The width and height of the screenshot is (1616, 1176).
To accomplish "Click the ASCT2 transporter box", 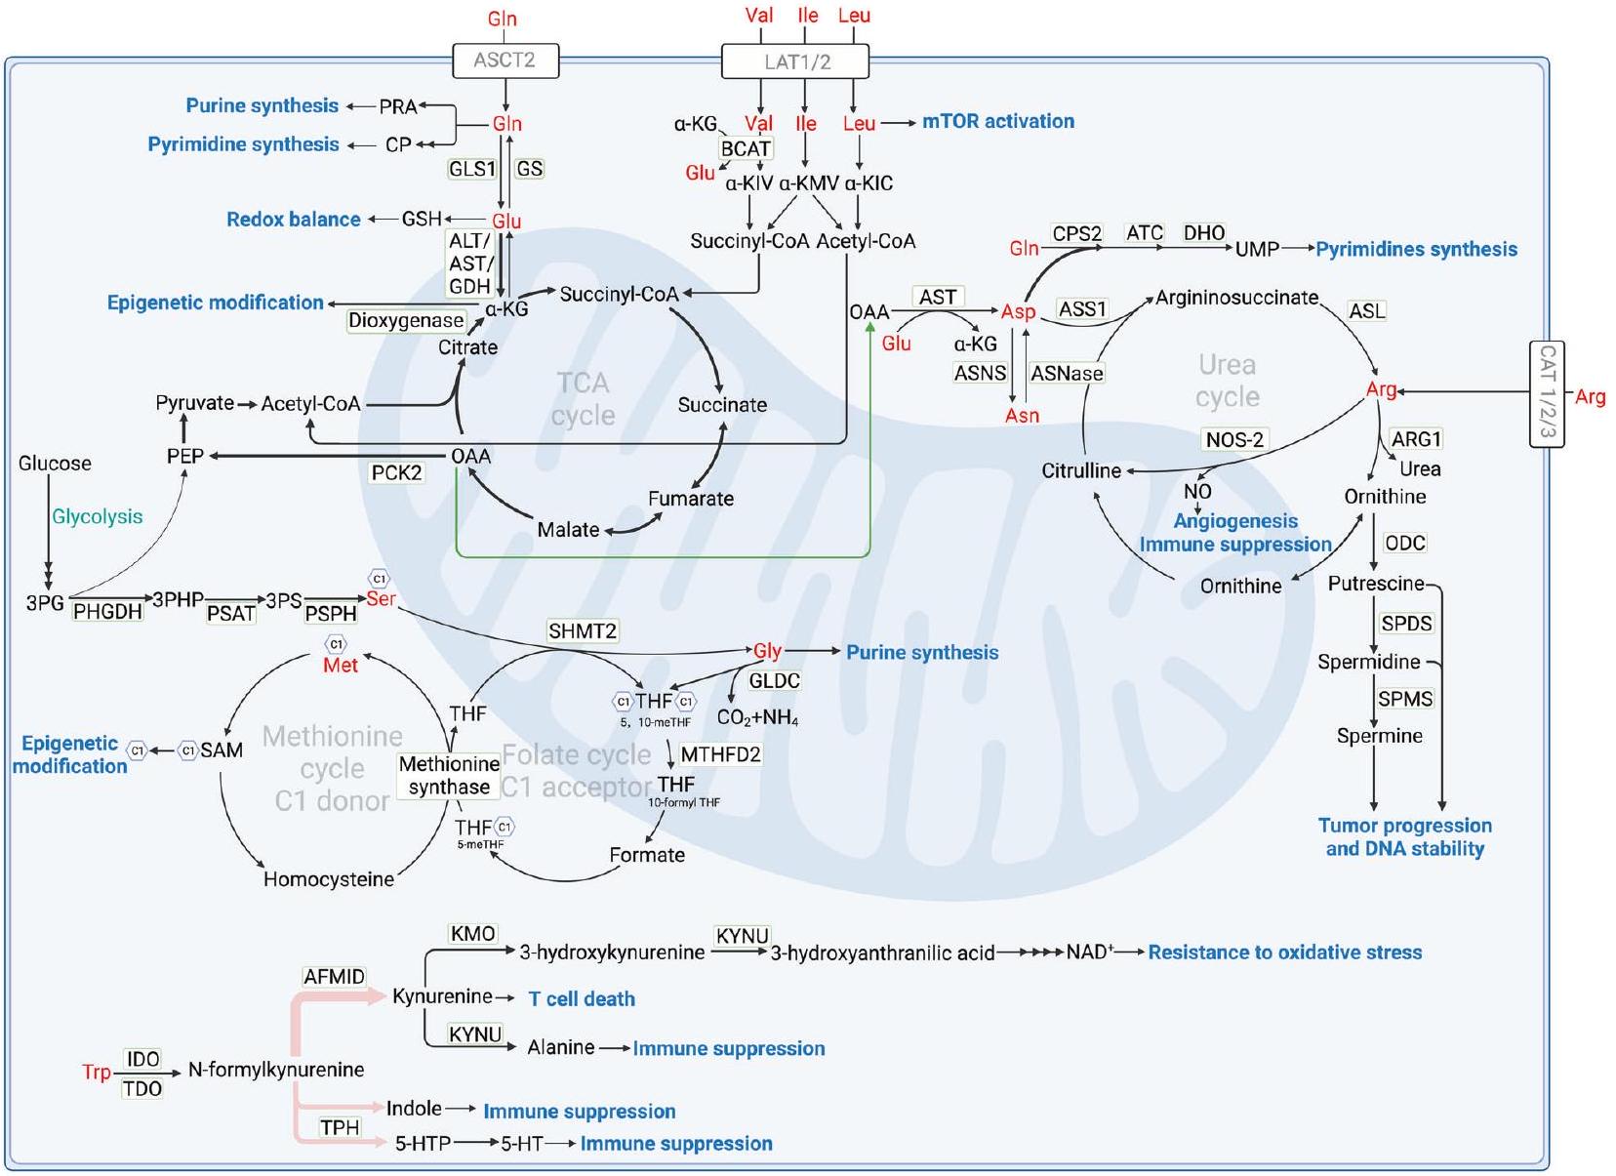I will (505, 61).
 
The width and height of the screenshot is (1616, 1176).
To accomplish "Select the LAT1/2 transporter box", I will (795, 61).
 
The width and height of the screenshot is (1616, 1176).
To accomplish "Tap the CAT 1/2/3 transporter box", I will (1547, 393).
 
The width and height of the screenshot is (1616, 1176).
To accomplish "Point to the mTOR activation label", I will (997, 122).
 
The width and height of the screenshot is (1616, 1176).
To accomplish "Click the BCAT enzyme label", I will (746, 148).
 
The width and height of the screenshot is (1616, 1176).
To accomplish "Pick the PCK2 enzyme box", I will (396, 472).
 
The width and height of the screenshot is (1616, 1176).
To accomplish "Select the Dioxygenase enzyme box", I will (406, 320).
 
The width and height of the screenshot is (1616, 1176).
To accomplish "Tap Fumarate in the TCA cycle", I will (690, 499).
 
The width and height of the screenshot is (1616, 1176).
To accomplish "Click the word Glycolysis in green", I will (97, 516).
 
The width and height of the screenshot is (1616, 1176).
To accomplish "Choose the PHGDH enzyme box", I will (107, 612).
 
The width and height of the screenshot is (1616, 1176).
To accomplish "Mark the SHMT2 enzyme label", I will (582, 631).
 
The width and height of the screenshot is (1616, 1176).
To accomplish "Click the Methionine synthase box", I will (449, 776).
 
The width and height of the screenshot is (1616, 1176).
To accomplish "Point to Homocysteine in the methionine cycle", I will (329, 879).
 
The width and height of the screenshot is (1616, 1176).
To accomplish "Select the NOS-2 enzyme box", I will (1234, 439).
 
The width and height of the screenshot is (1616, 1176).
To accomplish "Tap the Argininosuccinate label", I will (1236, 298).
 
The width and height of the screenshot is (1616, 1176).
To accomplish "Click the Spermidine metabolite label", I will (1368, 662).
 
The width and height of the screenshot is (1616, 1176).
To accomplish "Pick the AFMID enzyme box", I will (334, 977).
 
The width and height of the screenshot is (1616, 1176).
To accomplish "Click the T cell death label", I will (582, 998).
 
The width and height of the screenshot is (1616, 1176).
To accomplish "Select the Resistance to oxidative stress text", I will (1284, 952).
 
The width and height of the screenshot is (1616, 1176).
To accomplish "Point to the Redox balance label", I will (293, 220).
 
